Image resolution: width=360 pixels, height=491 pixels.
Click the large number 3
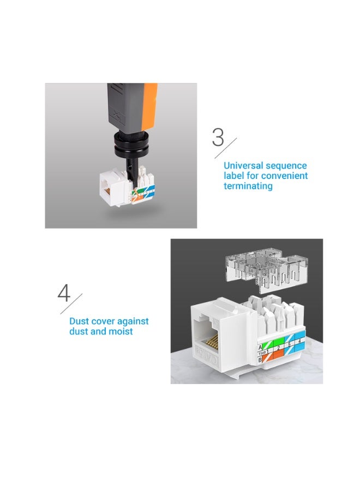(x=218, y=137)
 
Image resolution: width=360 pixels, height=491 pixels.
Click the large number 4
(x=64, y=293)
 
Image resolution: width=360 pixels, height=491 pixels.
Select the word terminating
(x=248, y=186)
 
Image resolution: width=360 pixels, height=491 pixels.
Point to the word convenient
(x=284, y=176)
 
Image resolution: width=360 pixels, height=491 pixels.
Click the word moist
(x=120, y=331)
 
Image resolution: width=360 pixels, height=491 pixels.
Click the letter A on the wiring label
(x=260, y=346)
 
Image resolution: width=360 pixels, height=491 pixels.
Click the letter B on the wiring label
(x=260, y=359)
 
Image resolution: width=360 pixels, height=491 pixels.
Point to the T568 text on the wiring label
(x=261, y=353)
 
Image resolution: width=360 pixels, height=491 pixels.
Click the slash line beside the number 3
(x=229, y=147)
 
